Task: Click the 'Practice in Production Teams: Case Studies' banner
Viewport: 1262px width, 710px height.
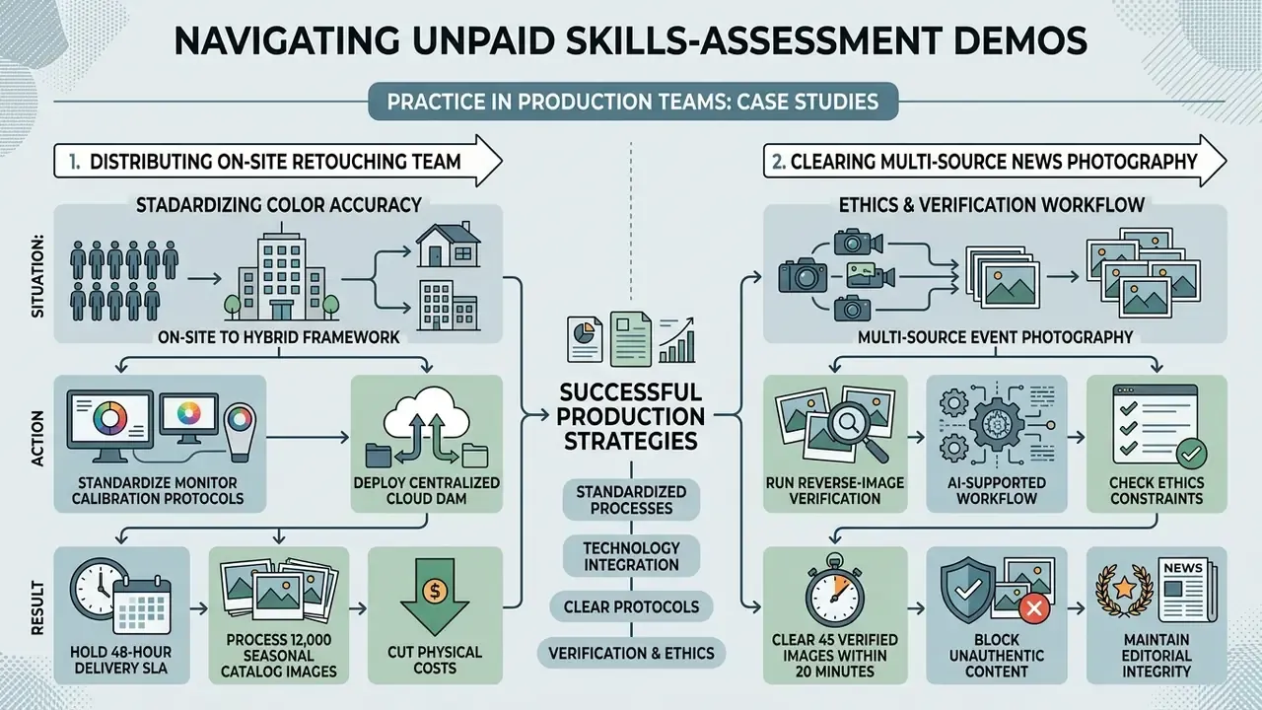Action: pyautogui.click(x=633, y=102)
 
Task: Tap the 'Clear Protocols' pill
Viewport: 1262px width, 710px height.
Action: pyautogui.click(x=631, y=606)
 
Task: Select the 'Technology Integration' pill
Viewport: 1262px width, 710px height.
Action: pyautogui.click(x=631, y=556)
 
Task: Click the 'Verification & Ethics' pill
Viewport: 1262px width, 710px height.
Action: pyautogui.click(x=631, y=653)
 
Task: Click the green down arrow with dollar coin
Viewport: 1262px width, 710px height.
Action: pyautogui.click(x=435, y=597)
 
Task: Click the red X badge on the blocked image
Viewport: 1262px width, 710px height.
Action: pyautogui.click(x=1034, y=608)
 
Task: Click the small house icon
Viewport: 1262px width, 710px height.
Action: pyautogui.click(x=449, y=245)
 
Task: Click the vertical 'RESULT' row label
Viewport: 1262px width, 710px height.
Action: pyautogui.click(x=37, y=608)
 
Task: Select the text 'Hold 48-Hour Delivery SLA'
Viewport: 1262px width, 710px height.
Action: pyautogui.click(x=121, y=660)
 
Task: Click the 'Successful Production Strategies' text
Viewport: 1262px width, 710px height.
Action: pyautogui.click(x=631, y=416)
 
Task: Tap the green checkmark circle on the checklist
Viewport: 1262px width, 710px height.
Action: pyautogui.click(x=1191, y=455)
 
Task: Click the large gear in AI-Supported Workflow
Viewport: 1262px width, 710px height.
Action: pyautogui.click(x=997, y=425)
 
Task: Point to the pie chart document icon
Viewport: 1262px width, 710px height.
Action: pyautogui.click(x=585, y=338)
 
